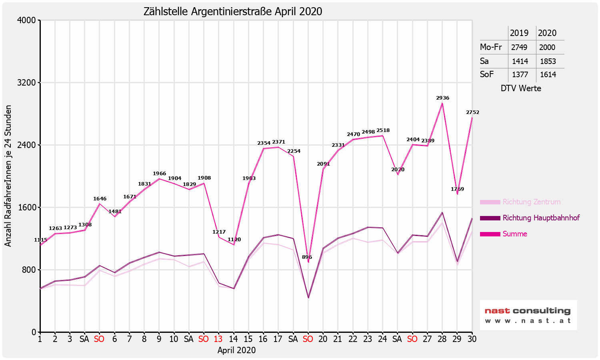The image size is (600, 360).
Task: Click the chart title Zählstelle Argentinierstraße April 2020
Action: (x=233, y=11)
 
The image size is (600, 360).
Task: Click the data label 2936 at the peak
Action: (x=442, y=98)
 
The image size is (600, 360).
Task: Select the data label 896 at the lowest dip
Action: (x=307, y=257)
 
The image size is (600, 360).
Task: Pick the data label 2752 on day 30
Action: (x=472, y=112)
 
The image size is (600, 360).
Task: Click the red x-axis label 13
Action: (x=218, y=339)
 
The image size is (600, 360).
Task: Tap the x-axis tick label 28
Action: (x=442, y=339)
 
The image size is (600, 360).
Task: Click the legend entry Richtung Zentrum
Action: (x=531, y=202)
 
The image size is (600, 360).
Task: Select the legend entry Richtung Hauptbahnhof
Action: (x=541, y=218)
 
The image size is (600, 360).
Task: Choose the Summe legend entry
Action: (x=515, y=234)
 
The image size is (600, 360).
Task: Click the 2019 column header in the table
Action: (x=520, y=33)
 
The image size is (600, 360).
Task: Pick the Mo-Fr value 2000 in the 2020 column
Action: (x=547, y=47)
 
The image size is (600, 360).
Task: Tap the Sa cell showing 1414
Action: (x=520, y=61)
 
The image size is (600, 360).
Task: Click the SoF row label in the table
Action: (x=487, y=74)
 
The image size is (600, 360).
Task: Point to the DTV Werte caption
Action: (x=521, y=88)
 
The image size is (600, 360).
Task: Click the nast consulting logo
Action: (x=528, y=315)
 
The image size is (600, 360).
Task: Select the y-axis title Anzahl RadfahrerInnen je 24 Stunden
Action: (x=8, y=176)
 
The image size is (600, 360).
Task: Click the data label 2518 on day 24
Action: (x=383, y=130)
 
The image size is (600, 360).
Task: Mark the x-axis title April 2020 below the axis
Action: (x=236, y=350)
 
